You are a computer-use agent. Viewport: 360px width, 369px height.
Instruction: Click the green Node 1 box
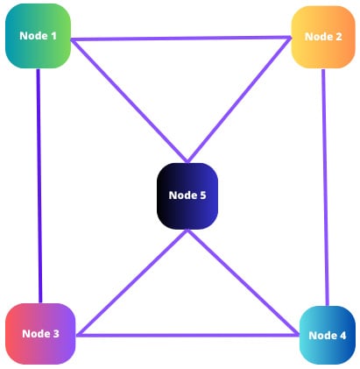point(38,36)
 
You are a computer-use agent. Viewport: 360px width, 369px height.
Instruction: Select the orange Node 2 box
point(323,37)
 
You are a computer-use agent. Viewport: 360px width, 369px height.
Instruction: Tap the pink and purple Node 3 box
point(40,334)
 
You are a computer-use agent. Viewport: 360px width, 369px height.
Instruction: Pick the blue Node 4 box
point(328,335)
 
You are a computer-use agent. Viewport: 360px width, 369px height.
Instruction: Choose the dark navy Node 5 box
point(187,196)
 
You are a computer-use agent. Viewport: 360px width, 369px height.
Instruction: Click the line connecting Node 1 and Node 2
point(181,39)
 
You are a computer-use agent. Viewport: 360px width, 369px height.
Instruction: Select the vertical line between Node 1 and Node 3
point(39,186)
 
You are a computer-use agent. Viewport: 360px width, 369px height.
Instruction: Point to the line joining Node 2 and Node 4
point(325,188)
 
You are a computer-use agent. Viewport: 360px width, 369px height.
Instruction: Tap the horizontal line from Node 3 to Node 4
point(187,335)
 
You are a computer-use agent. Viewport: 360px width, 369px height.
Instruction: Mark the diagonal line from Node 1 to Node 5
point(130,101)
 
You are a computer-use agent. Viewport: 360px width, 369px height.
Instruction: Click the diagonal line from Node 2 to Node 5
point(239,99)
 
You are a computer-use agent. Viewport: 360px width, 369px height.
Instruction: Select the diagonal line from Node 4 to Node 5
point(243,282)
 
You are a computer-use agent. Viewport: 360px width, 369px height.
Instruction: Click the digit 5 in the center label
point(203,195)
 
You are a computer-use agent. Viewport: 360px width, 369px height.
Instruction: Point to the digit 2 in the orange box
point(338,37)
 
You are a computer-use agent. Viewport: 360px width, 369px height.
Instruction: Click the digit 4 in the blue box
point(342,336)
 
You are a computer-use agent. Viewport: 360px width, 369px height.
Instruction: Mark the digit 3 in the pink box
point(55,334)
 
